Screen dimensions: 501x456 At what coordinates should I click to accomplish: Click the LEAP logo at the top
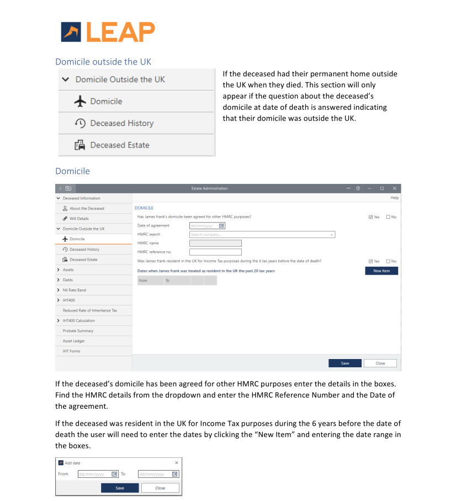tap(108, 31)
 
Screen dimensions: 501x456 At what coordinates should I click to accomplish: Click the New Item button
tap(381, 271)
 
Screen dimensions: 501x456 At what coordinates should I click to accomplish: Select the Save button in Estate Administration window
tap(344, 363)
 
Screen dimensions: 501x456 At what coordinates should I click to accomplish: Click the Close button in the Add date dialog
tap(160, 488)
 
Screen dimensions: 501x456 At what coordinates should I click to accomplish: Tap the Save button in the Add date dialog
tap(119, 488)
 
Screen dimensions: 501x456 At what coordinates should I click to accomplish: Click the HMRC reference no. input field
tap(215, 252)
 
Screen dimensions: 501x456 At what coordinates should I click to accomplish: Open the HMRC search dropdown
tap(262, 234)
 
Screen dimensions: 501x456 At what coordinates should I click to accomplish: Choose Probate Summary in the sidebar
tap(78, 331)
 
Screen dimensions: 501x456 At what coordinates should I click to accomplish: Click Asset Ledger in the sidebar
tap(73, 341)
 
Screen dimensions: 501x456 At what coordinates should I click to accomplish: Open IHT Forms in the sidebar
tap(71, 351)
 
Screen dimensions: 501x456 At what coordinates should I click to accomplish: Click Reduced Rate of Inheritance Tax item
tap(89, 310)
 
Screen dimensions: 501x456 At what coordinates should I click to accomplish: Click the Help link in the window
tap(394, 198)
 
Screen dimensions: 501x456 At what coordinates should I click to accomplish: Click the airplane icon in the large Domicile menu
tap(81, 102)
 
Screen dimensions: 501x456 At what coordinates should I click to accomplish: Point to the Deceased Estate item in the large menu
tap(119, 145)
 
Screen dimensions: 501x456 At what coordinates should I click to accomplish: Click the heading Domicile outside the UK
tap(103, 61)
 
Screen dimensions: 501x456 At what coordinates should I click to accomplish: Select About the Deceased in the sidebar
tap(87, 208)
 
